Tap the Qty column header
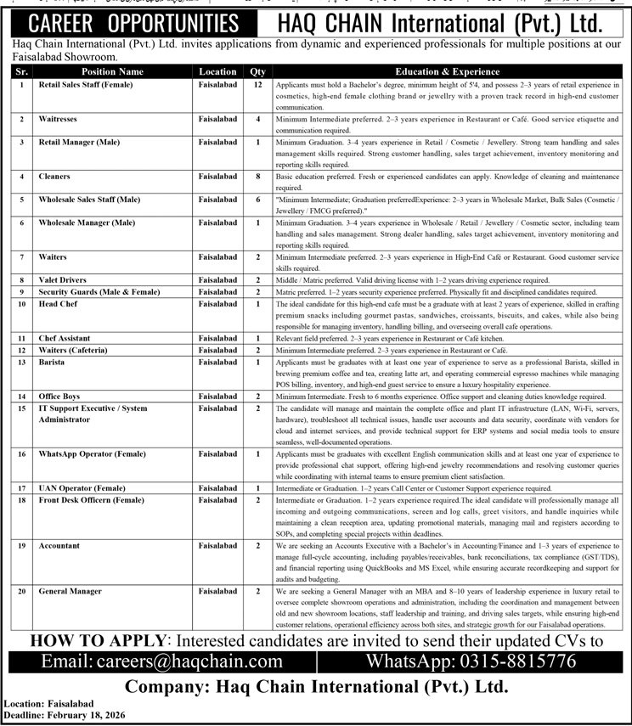257,72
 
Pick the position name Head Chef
57,303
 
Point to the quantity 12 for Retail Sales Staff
257,85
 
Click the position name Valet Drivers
64,279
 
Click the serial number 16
20,454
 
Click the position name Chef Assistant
66,338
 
